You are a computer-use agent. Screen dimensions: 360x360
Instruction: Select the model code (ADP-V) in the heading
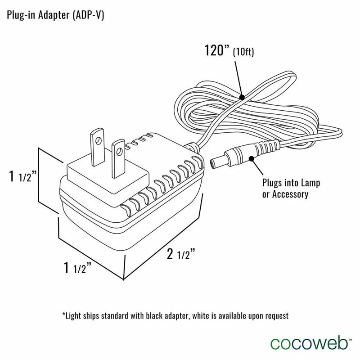90,15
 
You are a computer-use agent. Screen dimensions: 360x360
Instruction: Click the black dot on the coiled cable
242,96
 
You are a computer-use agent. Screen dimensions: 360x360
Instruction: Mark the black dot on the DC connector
251,158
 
